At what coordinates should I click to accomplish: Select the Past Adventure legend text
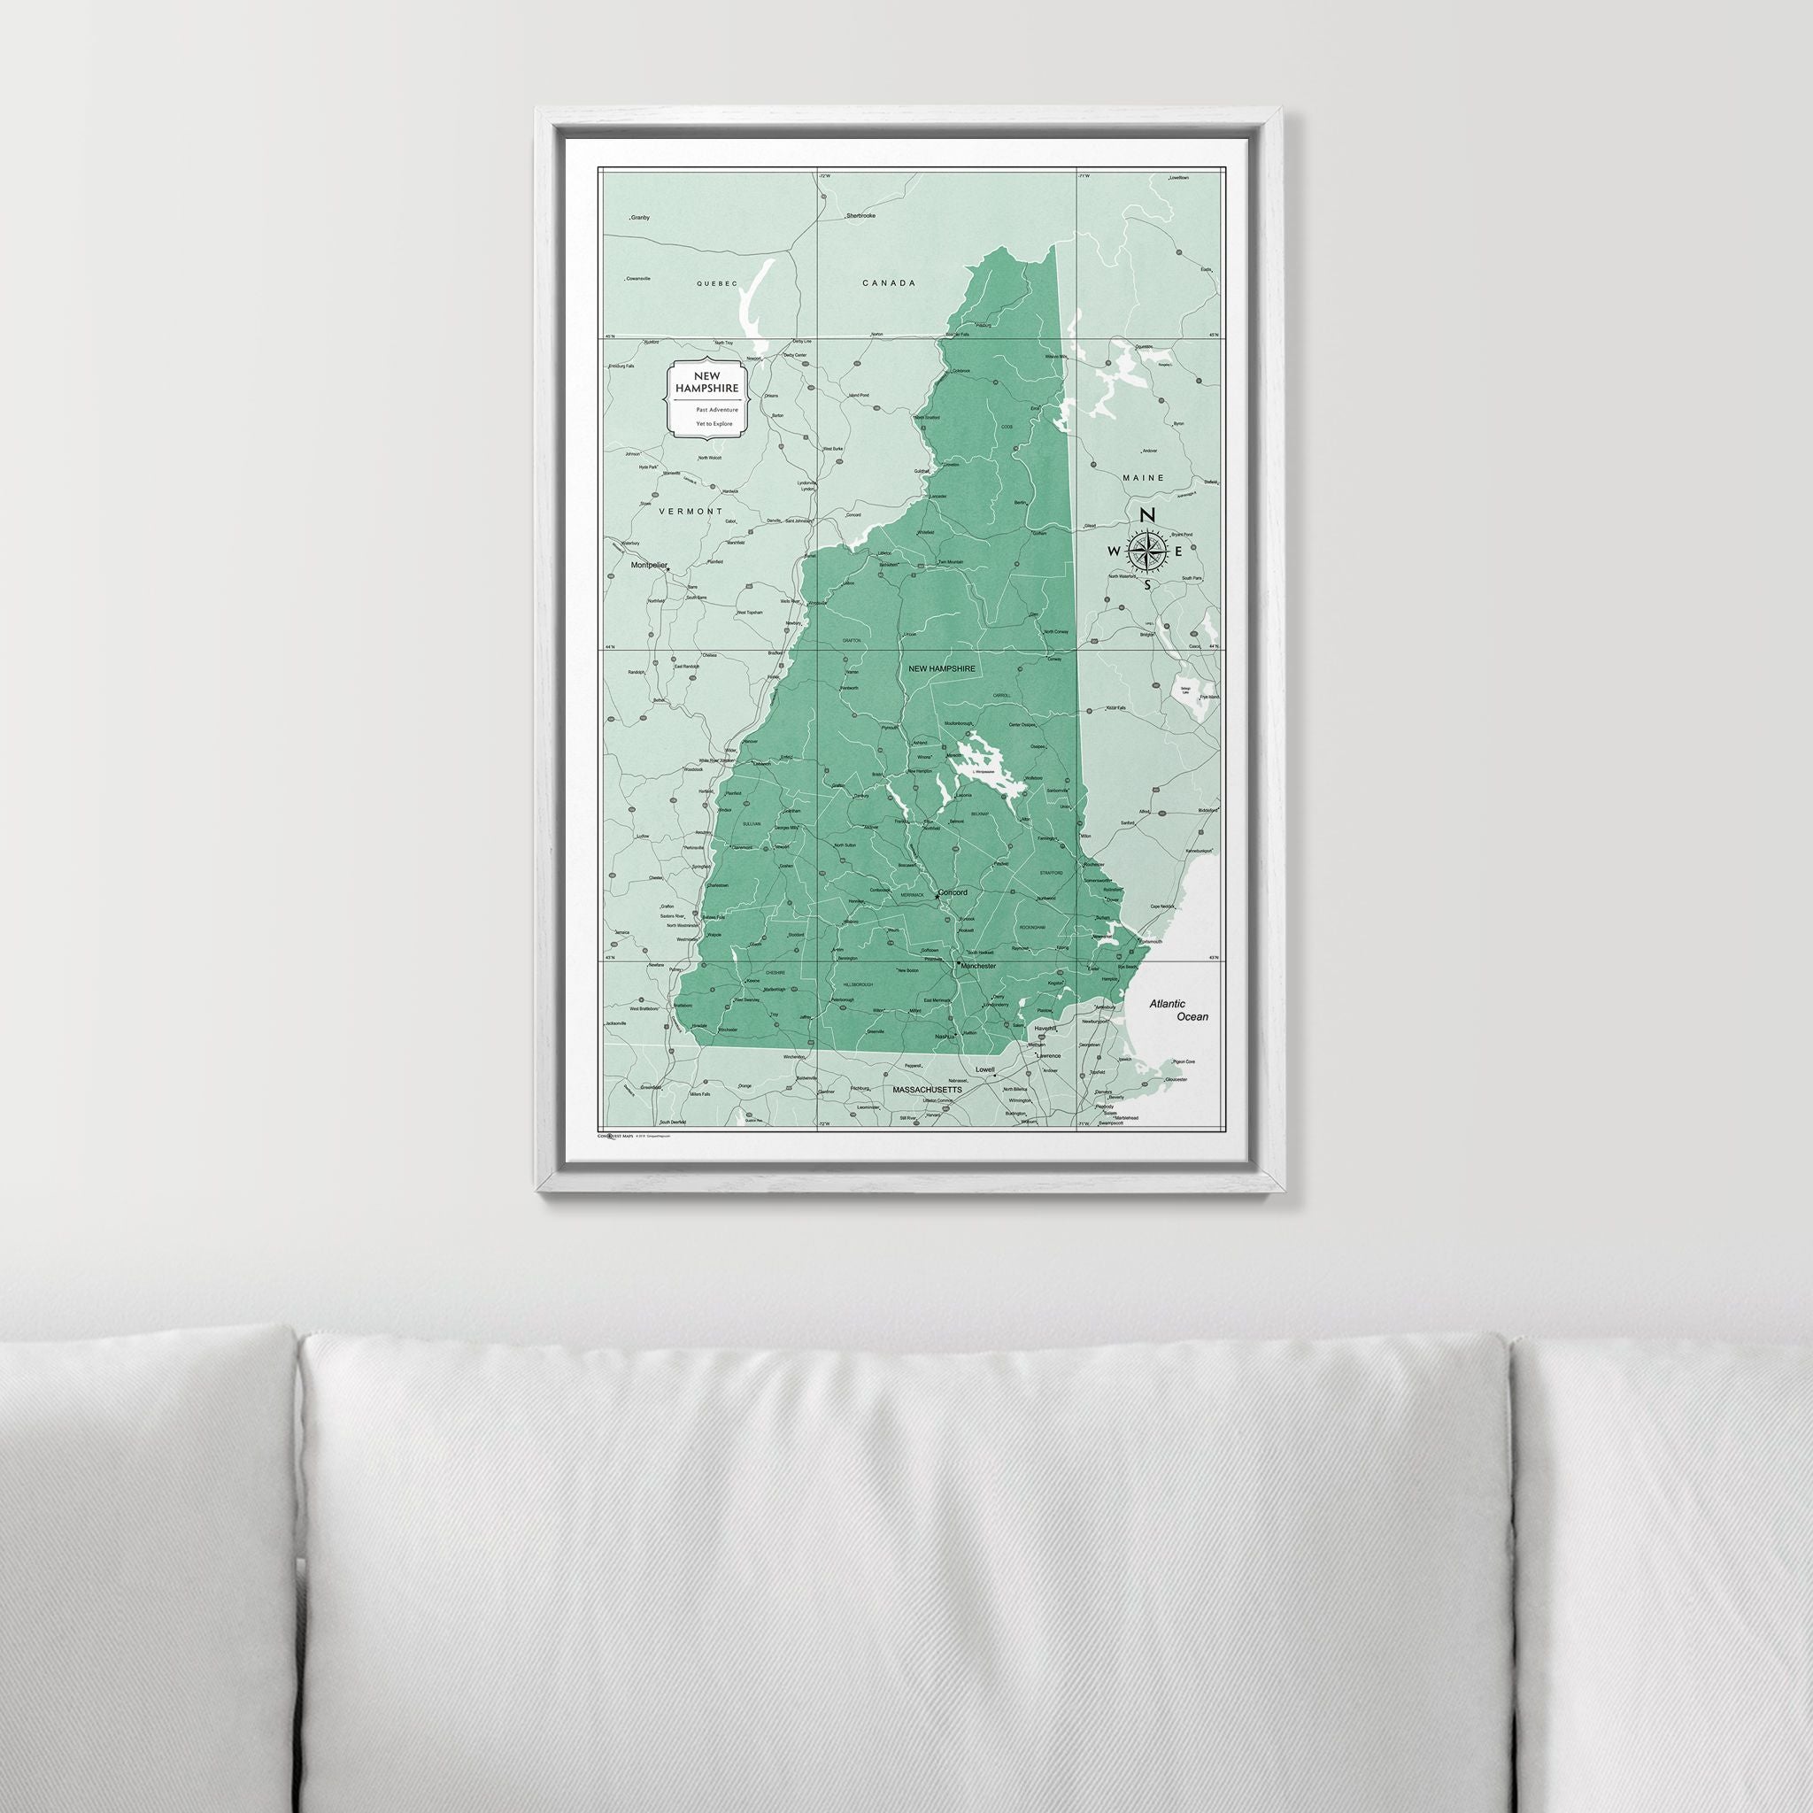tap(716, 409)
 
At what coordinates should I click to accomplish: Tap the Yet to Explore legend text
tap(714, 424)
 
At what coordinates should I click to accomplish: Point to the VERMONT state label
tap(690, 512)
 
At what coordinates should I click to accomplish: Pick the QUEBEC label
tap(717, 282)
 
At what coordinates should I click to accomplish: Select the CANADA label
tap(888, 282)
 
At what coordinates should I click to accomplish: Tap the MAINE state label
tap(1143, 478)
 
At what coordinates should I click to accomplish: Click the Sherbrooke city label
tap(860, 216)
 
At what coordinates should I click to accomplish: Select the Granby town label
tap(640, 218)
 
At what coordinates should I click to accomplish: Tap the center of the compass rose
tap(1145, 550)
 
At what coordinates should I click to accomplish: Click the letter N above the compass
tap(1146, 515)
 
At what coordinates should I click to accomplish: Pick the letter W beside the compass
tap(1114, 551)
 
